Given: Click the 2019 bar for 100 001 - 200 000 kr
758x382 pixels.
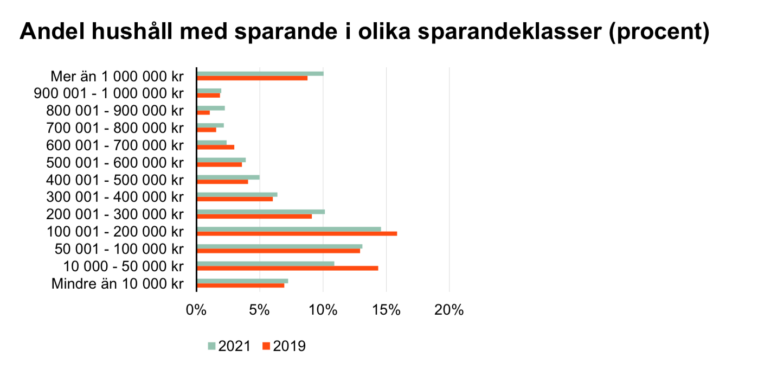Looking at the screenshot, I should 297,234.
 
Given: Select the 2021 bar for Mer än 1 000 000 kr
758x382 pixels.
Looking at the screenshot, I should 260,73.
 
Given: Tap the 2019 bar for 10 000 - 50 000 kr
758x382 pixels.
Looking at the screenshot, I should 287,268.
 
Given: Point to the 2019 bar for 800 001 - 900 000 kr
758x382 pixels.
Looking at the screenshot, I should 203,112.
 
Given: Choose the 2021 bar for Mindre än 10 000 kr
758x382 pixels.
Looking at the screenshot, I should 242,281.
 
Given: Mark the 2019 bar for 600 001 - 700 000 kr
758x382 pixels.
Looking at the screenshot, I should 215,147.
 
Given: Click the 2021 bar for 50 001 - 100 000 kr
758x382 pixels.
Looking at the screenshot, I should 280,246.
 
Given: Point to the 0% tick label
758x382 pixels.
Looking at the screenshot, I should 196,311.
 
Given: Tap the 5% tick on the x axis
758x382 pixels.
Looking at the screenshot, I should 260,311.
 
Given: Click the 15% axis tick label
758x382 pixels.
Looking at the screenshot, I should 386,311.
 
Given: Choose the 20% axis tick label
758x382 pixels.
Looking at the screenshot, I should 449,311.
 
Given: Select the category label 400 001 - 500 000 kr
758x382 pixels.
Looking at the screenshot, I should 115,180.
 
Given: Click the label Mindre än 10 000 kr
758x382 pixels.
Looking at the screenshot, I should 118,283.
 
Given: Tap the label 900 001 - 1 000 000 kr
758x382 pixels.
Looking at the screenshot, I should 108,93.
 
